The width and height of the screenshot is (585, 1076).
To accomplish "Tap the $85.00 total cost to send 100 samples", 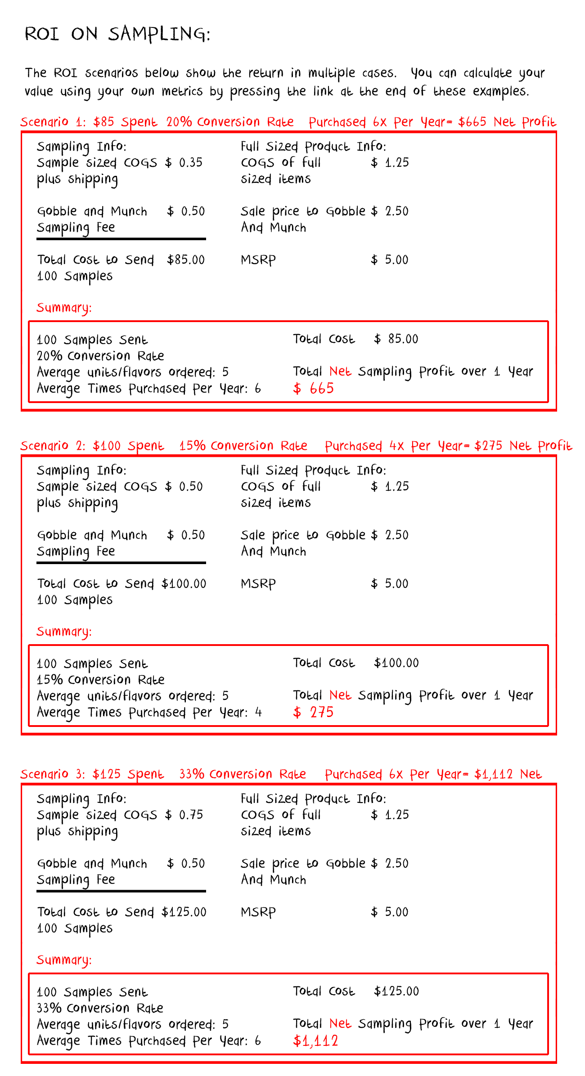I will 185,260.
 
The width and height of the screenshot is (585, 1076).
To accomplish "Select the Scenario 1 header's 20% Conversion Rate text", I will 229,122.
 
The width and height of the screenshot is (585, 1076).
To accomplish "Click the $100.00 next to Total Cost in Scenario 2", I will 396,663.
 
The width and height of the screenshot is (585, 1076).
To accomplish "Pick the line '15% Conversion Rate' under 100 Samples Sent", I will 100,679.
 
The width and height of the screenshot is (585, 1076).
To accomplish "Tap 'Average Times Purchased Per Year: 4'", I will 149,713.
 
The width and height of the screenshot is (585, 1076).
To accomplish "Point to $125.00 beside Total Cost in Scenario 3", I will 396,991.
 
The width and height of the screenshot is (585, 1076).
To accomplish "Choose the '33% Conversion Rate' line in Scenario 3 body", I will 100,1008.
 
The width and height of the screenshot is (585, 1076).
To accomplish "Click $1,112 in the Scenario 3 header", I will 493,774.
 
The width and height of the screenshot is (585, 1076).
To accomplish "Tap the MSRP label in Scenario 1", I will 258,260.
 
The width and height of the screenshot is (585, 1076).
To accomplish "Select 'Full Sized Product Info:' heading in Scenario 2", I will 313,470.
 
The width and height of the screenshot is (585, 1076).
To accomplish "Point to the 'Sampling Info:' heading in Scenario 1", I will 81,146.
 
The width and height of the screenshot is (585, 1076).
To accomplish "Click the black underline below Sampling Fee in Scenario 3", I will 121,891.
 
